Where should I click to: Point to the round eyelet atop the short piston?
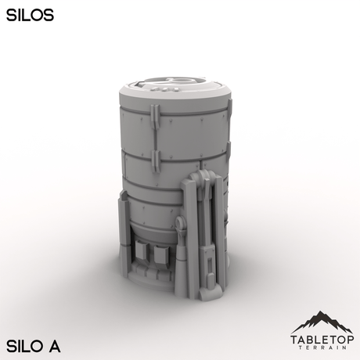coord(181,225)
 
